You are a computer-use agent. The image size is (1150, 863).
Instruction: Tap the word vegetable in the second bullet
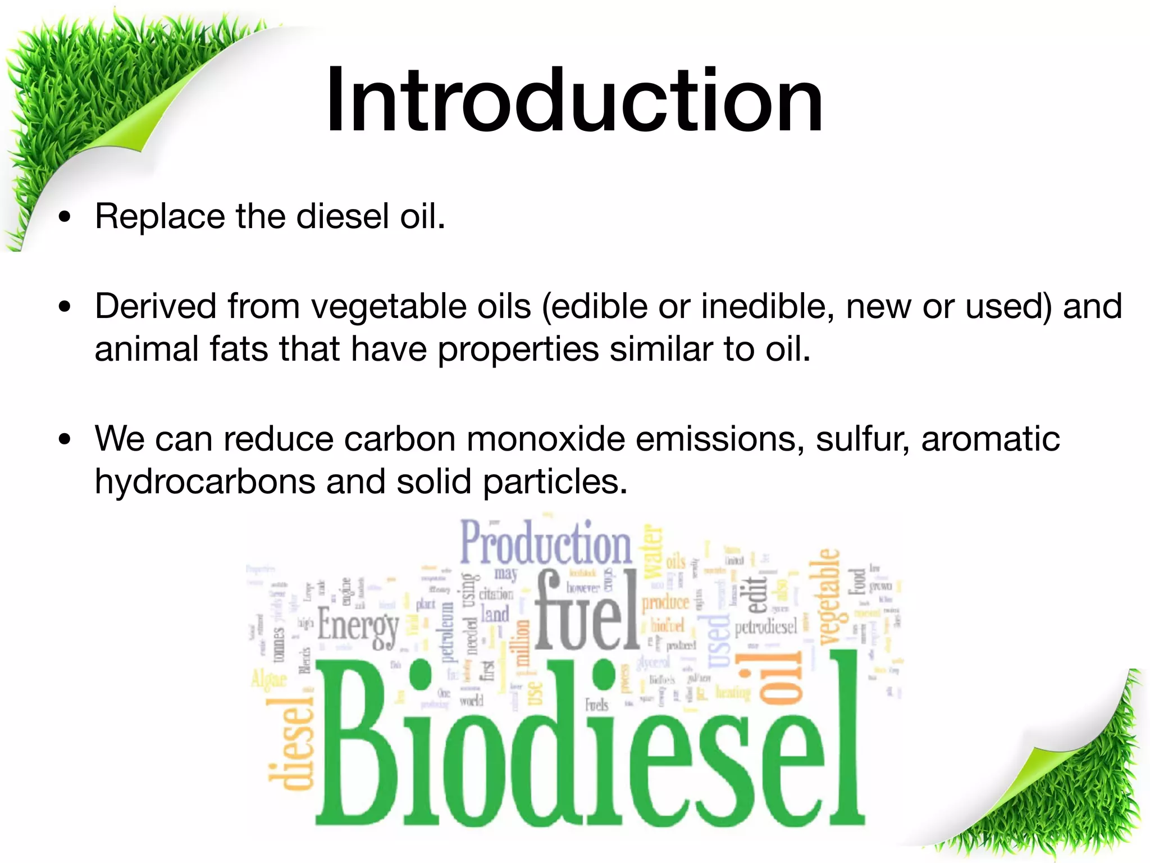(421, 307)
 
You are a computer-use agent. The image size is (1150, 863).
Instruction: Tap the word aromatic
(991, 439)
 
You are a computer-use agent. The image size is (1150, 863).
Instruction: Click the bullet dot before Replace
(66, 217)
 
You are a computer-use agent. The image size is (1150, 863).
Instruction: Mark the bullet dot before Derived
(66, 307)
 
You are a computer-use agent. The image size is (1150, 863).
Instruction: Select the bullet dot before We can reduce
(66, 439)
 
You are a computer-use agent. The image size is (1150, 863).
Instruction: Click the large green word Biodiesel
(590, 742)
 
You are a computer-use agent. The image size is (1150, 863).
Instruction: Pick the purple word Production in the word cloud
(546, 543)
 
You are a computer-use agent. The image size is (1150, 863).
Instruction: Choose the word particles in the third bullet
(555, 482)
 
